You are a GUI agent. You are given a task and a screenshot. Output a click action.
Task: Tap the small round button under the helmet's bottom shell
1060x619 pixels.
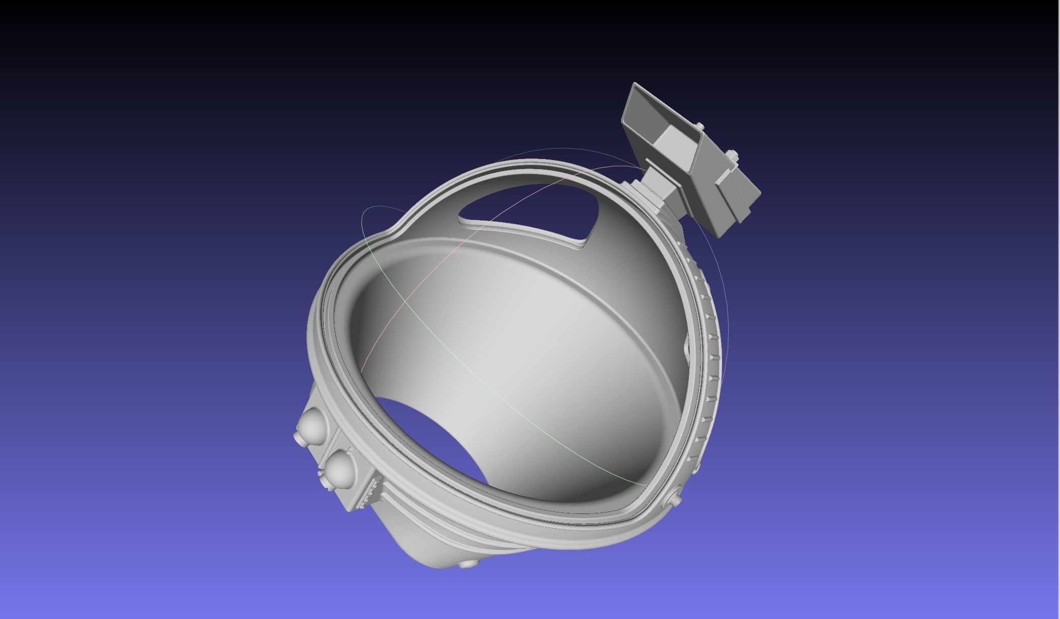tap(465, 563)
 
